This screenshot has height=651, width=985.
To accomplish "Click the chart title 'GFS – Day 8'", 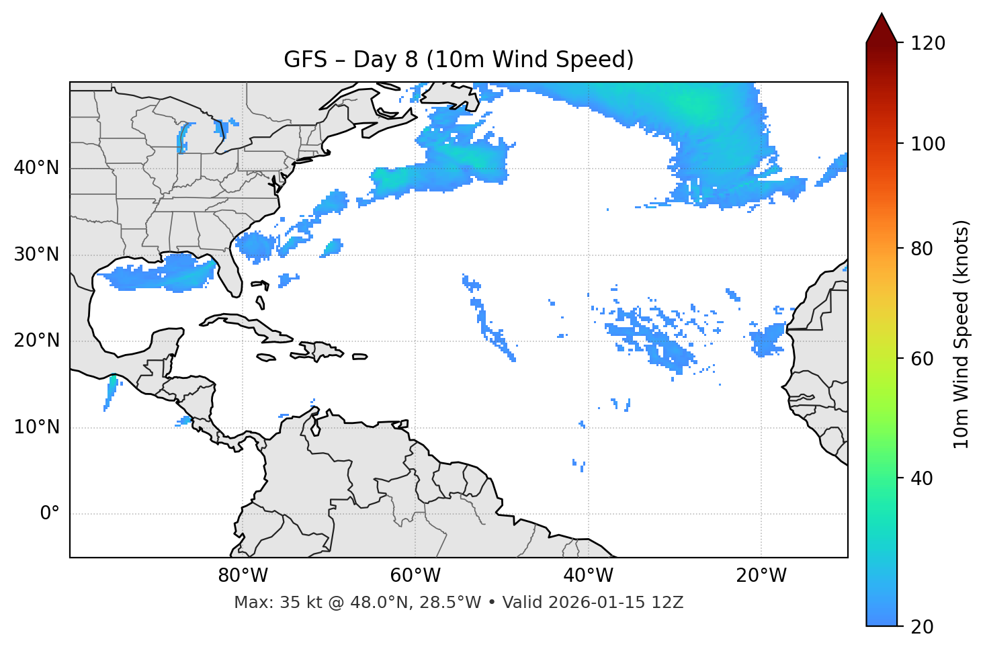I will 458,60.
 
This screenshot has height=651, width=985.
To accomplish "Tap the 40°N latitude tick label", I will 36,168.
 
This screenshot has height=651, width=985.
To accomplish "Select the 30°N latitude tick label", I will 36,255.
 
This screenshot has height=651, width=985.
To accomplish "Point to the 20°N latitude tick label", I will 36,341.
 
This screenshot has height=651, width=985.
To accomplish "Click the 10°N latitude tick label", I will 36,427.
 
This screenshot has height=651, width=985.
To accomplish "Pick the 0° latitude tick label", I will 50,514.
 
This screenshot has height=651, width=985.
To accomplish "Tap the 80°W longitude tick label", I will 243,576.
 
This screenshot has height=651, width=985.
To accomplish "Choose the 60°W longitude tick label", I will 415,576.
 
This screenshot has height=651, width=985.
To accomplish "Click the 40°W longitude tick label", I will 588,576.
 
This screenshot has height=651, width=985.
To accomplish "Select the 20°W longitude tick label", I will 761,576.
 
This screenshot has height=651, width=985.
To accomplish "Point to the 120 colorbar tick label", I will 928,44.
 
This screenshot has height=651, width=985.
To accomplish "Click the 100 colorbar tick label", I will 928,144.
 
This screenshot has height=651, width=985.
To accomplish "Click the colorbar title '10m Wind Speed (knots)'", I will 961,335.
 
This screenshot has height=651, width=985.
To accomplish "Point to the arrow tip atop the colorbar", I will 882,15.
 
